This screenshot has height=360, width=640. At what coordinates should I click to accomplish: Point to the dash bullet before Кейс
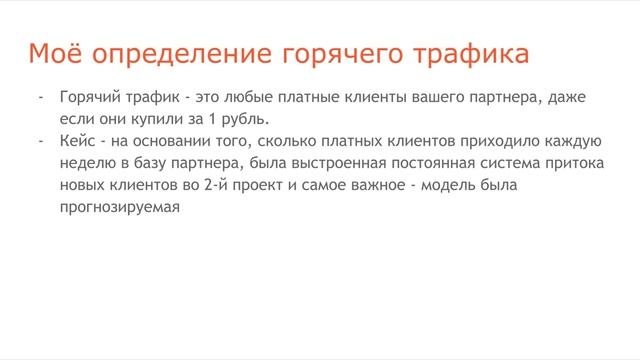[41, 141]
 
